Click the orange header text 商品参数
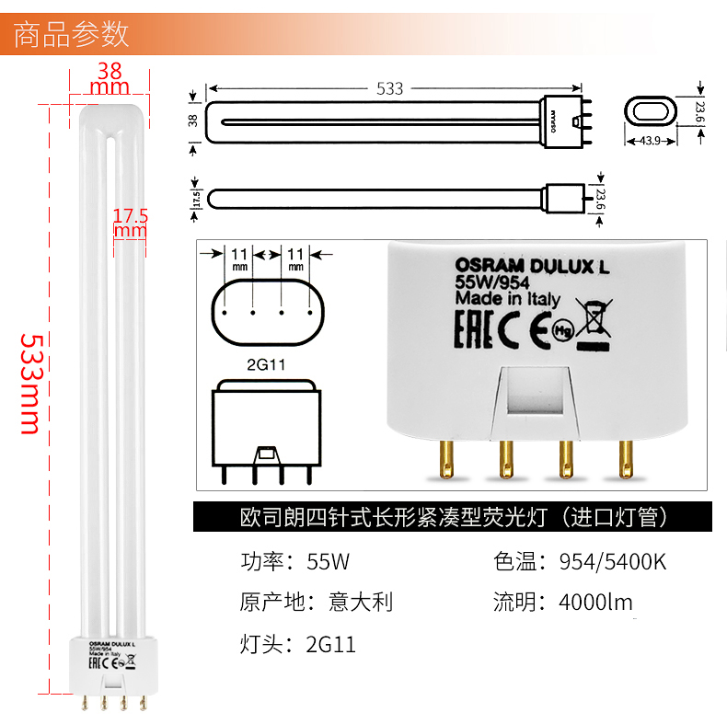click(73, 34)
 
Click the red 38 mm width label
click(110, 78)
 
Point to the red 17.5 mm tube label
click(130, 224)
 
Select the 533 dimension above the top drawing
click(389, 89)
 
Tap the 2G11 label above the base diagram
click(266, 364)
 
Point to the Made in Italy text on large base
click(507, 298)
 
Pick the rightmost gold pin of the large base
click(626, 459)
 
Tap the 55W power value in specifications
click(329, 561)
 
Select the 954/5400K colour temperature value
click(612, 561)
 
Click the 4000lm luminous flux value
click(595, 603)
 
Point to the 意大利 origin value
click(361, 603)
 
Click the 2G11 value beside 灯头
click(329, 644)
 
